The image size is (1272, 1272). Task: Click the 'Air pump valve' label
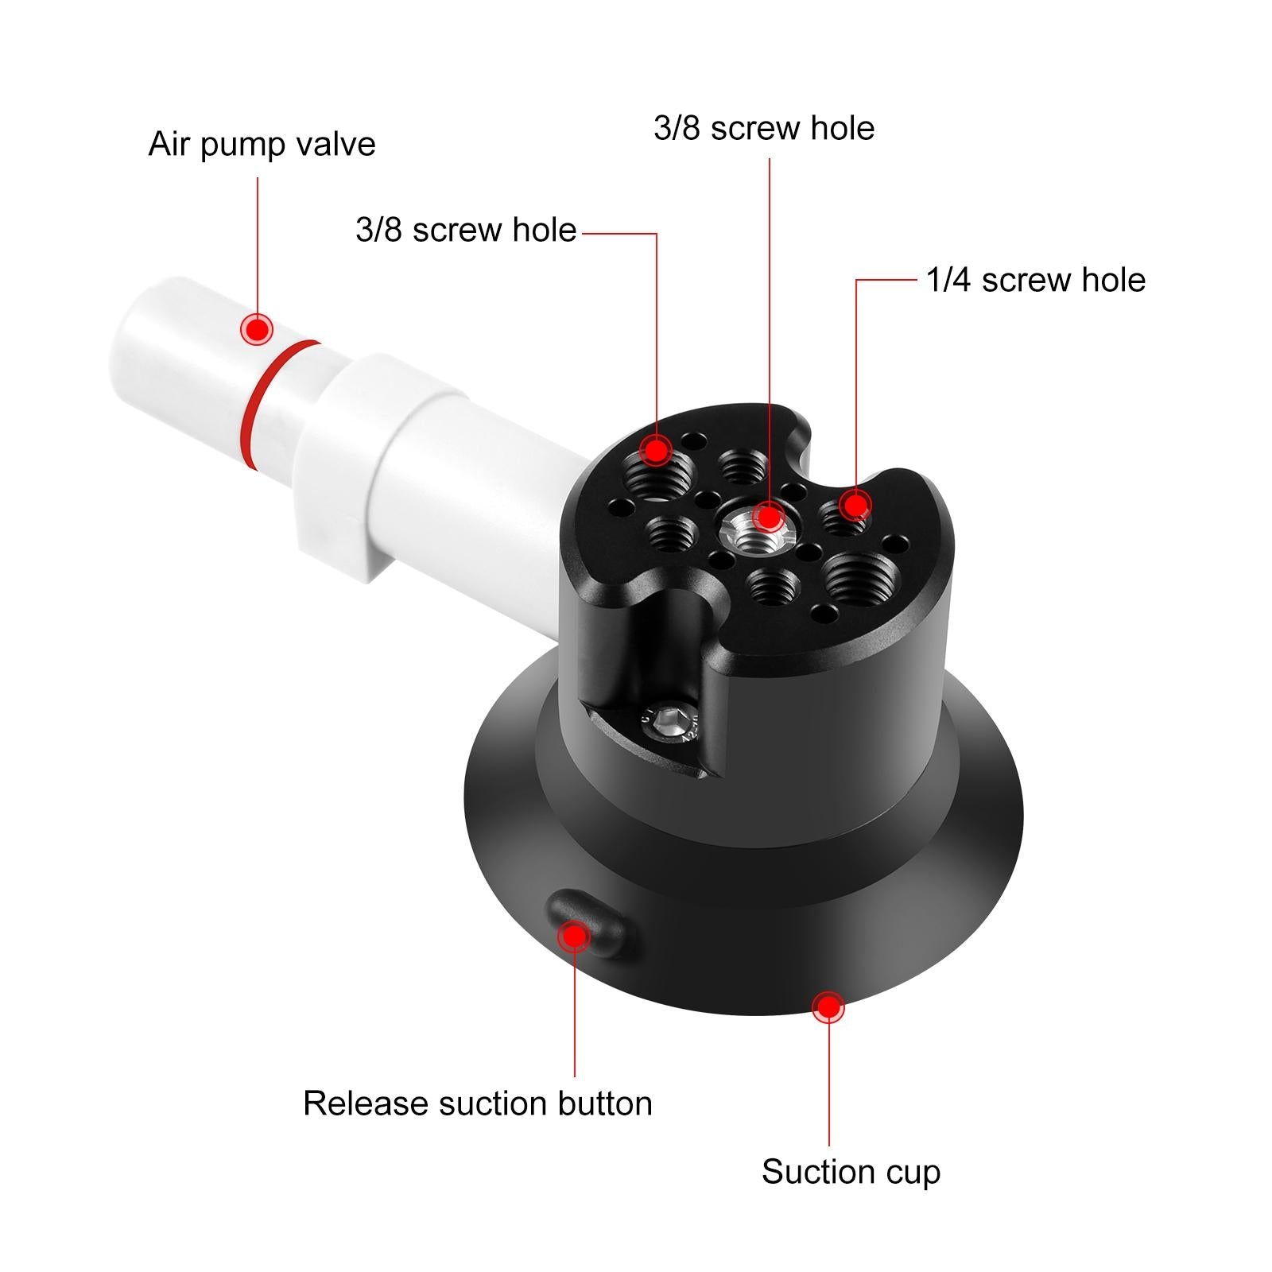click(262, 145)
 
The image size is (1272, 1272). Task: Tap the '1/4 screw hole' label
click(1035, 281)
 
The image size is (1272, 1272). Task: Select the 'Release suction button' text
click(477, 1103)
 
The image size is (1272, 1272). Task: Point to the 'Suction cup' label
click(851, 1172)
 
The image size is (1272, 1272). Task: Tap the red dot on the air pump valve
click(257, 328)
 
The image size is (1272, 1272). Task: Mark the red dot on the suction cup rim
click(828, 1007)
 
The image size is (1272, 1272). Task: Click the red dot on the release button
click(574, 937)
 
